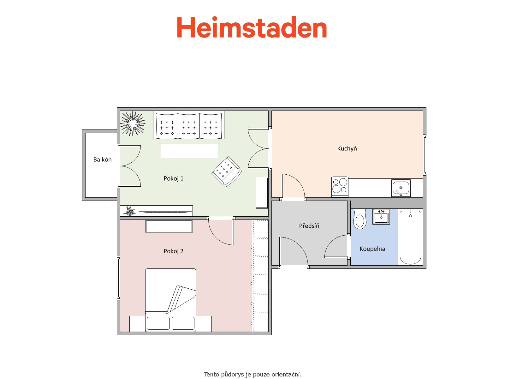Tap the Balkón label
pyautogui.click(x=102, y=159)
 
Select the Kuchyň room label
pyautogui.click(x=347, y=148)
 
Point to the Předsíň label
pyautogui.click(x=309, y=226)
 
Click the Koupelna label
pyautogui.click(x=372, y=249)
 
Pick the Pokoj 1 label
pyautogui.click(x=174, y=178)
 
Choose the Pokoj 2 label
pyautogui.click(x=174, y=251)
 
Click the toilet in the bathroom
pyautogui.click(x=359, y=219)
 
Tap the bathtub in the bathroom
pyautogui.click(x=410, y=237)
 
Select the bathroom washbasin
pyautogui.click(x=381, y=217)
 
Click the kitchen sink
pyautogui.click(x=401, y=188)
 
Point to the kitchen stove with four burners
pyautogui.click(x=340, y=187)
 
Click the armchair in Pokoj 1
pyautogui.click(x=226, y=171)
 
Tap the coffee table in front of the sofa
pyautogui.click(x=189, y=151)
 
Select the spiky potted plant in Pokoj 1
pyautogui.click(x=133, y=123)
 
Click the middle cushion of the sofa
pyautogui.click(x=189, y=126)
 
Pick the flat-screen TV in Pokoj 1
pyautogui.click(x=165, y=212)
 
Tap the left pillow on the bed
pyautogui.click(x=158, y=323)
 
